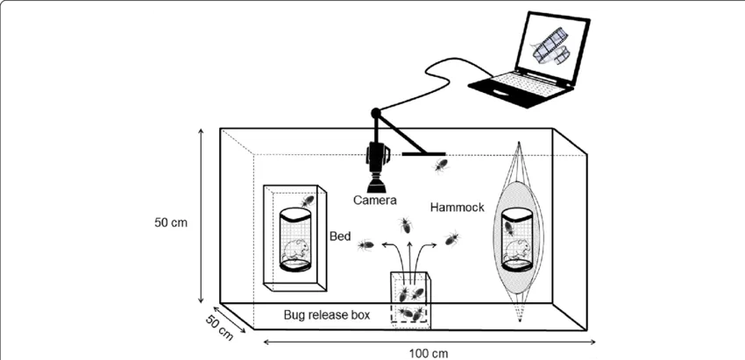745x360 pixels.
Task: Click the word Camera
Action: coord(374,200)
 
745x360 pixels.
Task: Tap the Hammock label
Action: coord(457,207)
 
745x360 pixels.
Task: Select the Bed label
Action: coord(340,236)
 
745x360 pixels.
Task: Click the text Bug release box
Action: coord(326,314)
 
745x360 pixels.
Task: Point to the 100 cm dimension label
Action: coord(428,354)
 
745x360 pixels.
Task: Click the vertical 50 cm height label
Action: coord(171,222)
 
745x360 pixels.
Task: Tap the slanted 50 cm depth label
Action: coord(219,328)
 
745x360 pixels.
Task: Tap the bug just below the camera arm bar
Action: coord(440,166)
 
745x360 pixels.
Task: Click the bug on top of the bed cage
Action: coord(307,201)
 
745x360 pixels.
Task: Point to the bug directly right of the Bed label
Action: coord(365,245)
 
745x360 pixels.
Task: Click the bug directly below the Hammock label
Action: coord(451,238)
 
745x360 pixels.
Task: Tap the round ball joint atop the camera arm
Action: coord(376,113)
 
